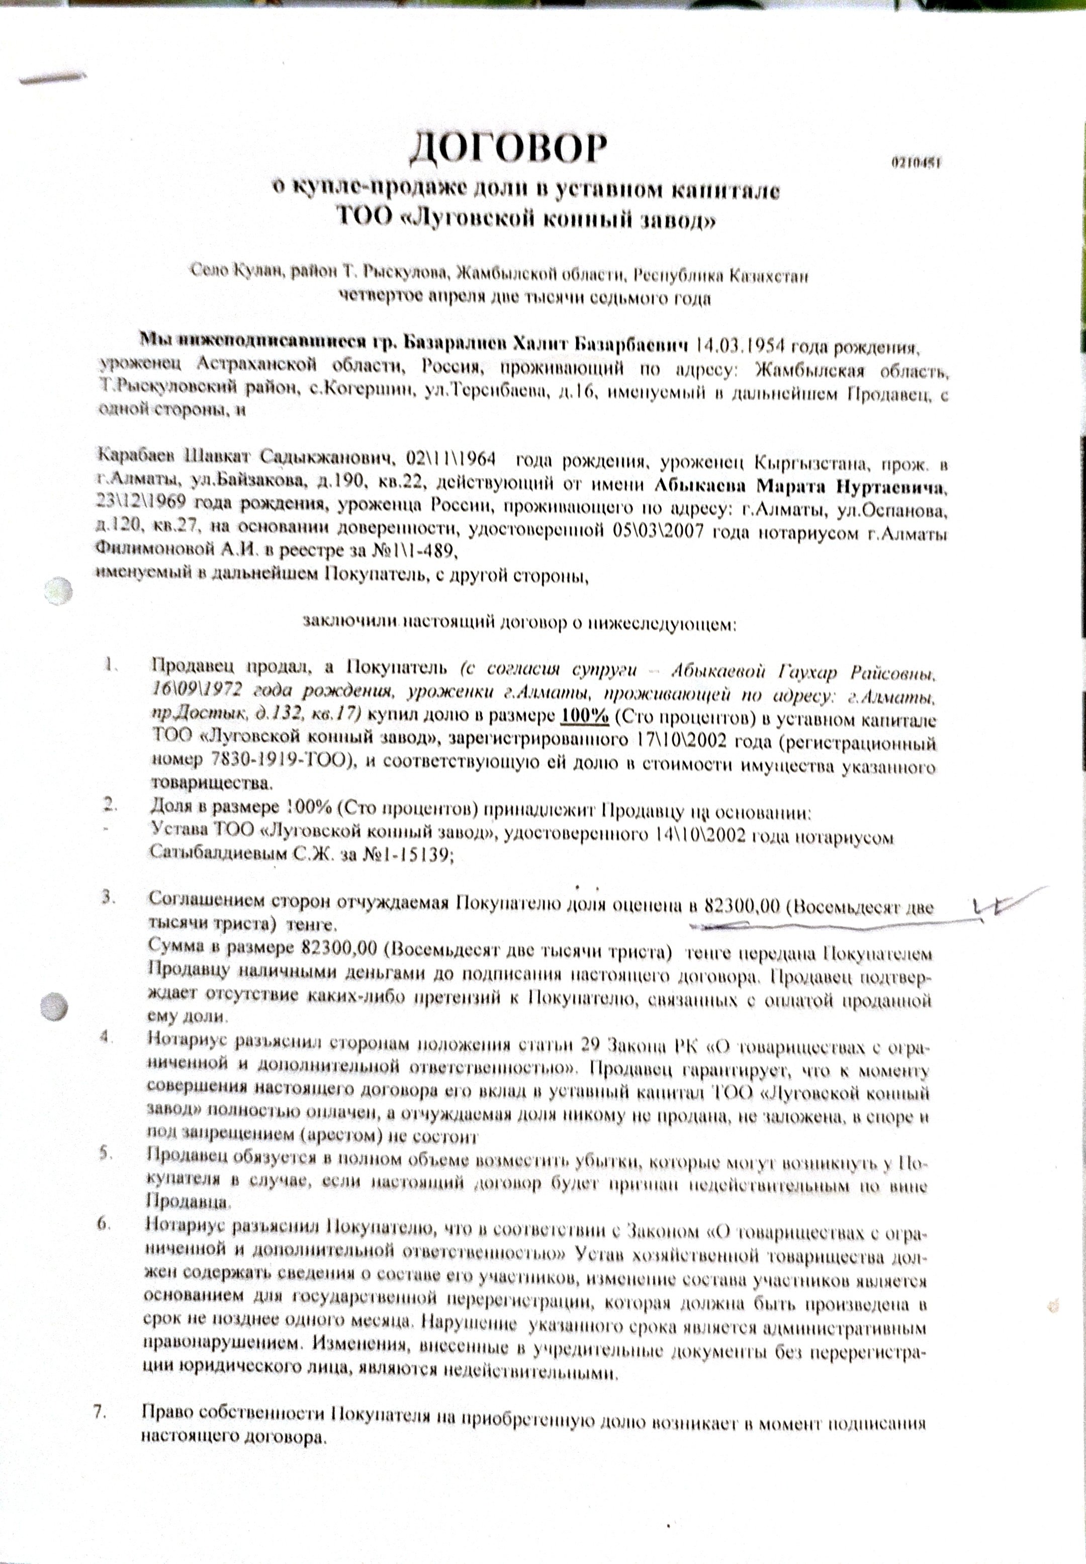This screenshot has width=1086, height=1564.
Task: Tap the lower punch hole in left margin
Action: [54, 1004]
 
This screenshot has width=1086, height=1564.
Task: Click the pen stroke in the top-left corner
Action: [53, 77]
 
